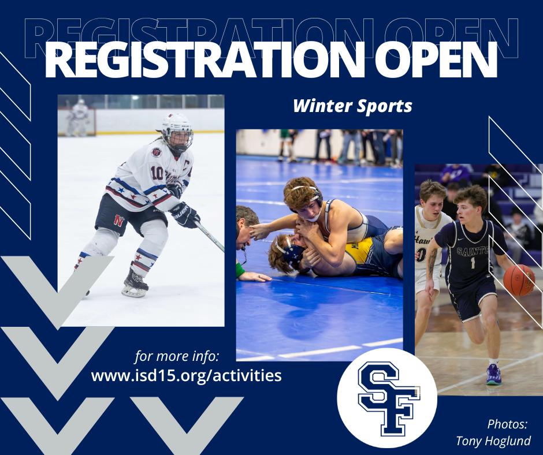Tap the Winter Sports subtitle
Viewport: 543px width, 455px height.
[x=352, y=106]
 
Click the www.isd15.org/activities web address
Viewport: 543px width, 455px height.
[x=187, y=376]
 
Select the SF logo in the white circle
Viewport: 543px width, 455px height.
[x=386, y=398]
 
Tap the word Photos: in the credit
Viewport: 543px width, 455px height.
[x=508, y=424]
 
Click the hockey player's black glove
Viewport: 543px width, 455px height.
[x=185, y=214]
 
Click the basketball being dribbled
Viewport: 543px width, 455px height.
[x=518, y=280]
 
